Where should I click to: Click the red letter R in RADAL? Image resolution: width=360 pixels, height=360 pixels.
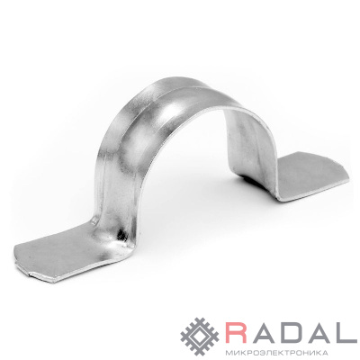point(237,331)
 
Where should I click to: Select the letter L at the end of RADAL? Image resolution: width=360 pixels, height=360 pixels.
point(347,331)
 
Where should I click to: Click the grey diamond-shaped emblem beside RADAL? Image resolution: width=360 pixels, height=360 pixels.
point(200,337)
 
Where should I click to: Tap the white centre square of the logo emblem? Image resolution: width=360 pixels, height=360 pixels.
point(200,337)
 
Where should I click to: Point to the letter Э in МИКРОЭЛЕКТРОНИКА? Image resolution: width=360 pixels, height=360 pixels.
point(257,352)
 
